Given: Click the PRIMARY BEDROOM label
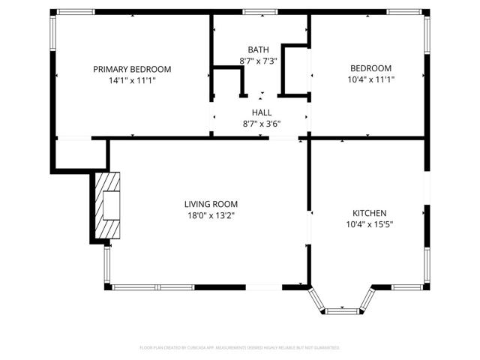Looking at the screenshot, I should [132, 69].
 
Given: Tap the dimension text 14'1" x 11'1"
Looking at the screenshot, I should [132, 79].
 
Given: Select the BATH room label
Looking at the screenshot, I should [259, 49].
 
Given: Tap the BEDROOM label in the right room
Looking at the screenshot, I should [370, 68].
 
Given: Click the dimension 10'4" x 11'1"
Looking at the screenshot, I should [370, 79].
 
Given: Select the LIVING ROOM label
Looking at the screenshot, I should [211, 204].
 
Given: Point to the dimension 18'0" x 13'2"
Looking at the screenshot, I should [211, 215].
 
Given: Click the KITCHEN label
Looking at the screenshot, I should [370, 212].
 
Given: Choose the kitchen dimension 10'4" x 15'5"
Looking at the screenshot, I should [370, 223].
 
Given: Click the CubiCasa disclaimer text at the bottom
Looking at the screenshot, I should [240, 348].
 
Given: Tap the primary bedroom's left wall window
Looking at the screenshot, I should [52, 34].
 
